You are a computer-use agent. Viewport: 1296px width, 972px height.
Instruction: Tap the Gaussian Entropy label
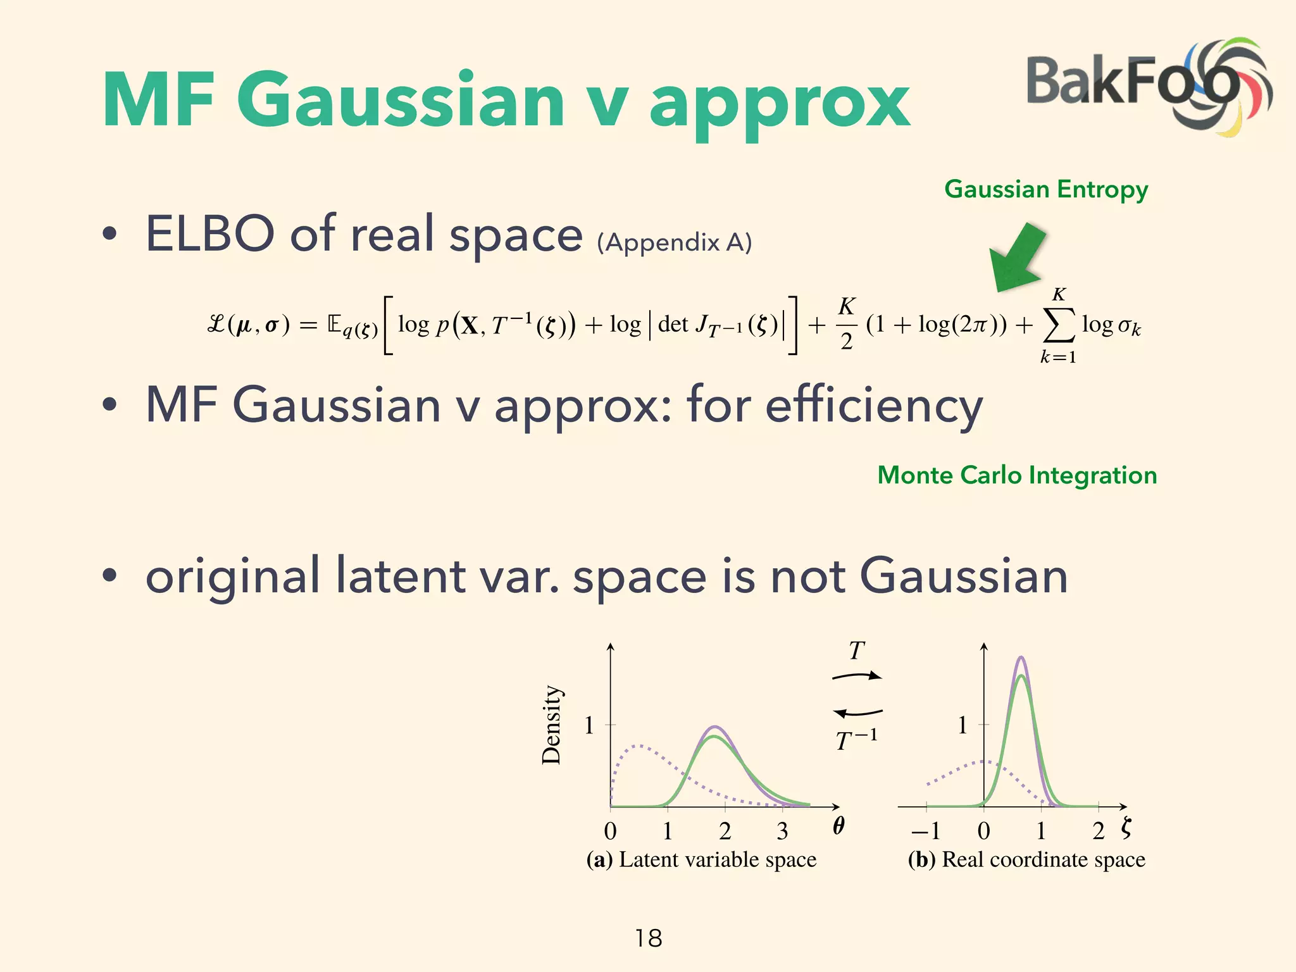click(1046, 190)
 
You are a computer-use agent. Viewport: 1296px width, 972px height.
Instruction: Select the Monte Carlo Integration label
click(1017, 475)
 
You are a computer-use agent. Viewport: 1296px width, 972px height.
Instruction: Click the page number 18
click(649, 938)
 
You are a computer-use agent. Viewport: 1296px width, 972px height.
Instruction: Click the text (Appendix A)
click(674, 242)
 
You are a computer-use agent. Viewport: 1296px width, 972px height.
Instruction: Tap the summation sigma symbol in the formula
click(1058, 325)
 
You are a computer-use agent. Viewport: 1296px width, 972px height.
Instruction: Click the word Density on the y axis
click(551, 725)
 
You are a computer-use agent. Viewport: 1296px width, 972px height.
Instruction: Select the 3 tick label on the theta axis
click(782, 831)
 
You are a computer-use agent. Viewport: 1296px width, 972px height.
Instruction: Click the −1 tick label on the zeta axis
click(925, 831)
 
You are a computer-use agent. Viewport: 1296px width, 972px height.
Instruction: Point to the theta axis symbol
click(838, 826)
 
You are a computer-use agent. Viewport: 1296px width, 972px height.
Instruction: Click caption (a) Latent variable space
click(701, 860)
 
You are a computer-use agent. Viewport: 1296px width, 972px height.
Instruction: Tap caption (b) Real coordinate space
click(1026, 860)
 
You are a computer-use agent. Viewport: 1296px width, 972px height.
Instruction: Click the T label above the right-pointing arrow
click(856, 651)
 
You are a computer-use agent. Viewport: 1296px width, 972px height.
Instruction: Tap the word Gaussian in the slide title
click(400, 101)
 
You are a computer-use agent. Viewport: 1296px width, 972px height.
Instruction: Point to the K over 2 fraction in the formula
click(847, 324)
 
